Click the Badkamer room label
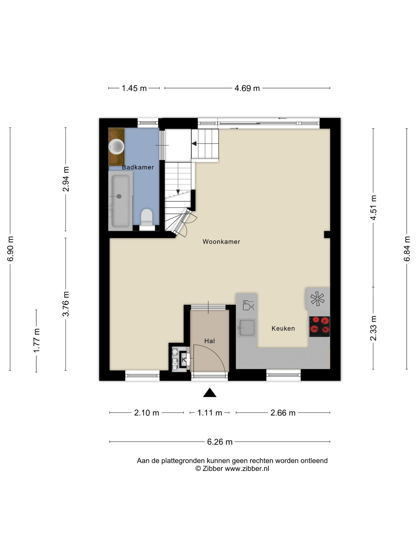click(x=138, y=167)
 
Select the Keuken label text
click(x=283, y=328)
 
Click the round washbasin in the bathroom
click(x=116, y=147)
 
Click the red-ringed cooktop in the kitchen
click(x=319, y=326)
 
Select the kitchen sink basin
click(x=247, y=327)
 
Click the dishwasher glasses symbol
click(x=248, y=305)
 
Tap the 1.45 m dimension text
click(x=134, y=88)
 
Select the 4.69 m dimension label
click(x=247, y=88)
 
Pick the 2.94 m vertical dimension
click(x=66, y=179)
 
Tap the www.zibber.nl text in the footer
click(x=247, y=468)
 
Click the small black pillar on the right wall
click(x=327, y=235)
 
